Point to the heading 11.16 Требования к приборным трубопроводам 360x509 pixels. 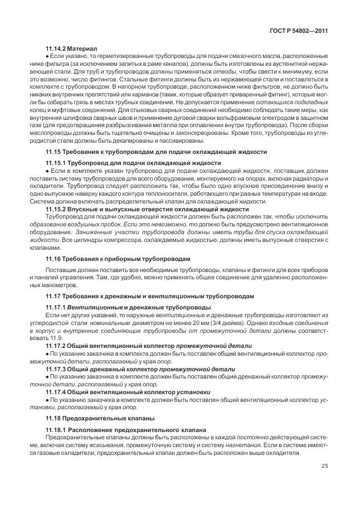click(x=118, y=258)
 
